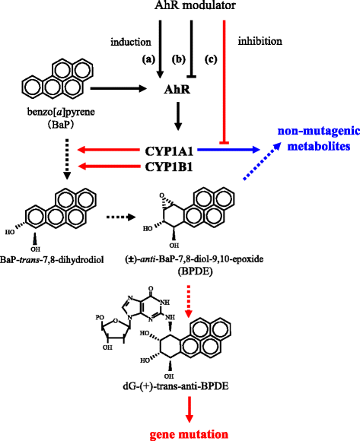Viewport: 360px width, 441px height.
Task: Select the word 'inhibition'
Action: [x=260, y=41]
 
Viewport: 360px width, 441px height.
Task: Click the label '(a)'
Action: [x=146, y=58]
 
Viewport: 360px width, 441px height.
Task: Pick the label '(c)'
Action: [x=210, y=58]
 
